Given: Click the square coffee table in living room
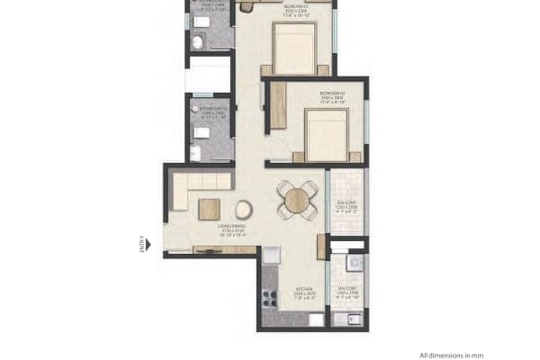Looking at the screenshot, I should coord(210,210).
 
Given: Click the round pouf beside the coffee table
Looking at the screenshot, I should coord(243,210).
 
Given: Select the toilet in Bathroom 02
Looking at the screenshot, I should coord(201,132).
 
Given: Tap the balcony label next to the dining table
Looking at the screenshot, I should coord(346,204).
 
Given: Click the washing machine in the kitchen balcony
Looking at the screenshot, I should coord(354,262).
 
